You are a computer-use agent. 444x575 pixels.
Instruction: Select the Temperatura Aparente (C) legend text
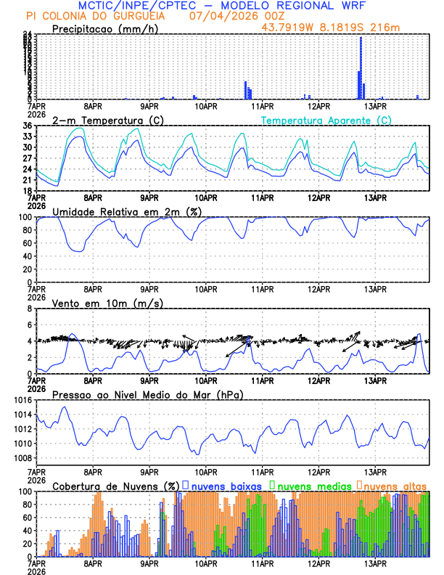326,120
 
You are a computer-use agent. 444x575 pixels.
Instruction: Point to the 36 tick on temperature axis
28,126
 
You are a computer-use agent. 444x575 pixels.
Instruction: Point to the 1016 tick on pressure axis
22,400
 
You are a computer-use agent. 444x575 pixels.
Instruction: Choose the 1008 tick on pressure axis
22,458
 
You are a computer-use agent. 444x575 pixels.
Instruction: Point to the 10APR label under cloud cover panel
206,563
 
